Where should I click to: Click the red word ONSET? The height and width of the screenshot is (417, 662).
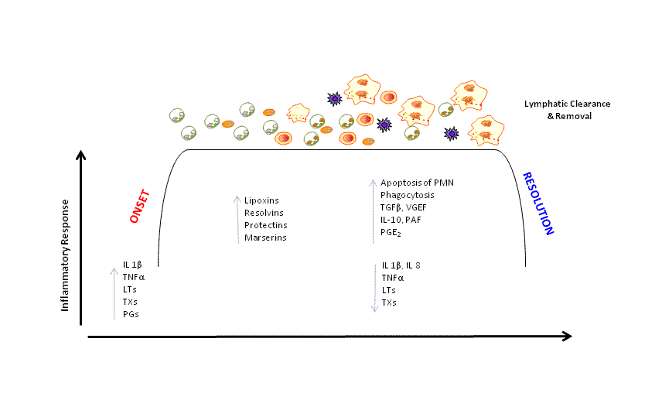(x=140, y=207)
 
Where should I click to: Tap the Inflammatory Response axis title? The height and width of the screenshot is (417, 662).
(x=67, y=256)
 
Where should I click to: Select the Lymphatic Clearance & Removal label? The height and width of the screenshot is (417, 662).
(x=568, y=109)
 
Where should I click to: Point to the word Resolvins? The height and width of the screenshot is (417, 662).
(x=264, y=213)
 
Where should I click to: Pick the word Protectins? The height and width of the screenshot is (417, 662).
(x=265, y=225)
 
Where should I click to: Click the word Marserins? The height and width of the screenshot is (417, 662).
(x=265, y=238)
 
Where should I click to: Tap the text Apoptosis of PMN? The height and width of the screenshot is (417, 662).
(x=417, y=183)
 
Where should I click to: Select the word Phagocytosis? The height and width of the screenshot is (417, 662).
(x=407, y=195)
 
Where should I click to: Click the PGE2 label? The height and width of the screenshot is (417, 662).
(x=391, y=232)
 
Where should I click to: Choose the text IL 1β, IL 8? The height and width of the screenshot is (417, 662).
(x=401, y=265)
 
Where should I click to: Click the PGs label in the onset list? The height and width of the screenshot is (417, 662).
(x=131, y=314)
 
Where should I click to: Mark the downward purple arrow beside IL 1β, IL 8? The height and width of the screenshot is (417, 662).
(x=374, y=287)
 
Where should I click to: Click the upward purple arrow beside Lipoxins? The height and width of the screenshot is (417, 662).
(x=237, y=220)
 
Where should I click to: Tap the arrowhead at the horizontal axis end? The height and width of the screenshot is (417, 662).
(x=567, y=336)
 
